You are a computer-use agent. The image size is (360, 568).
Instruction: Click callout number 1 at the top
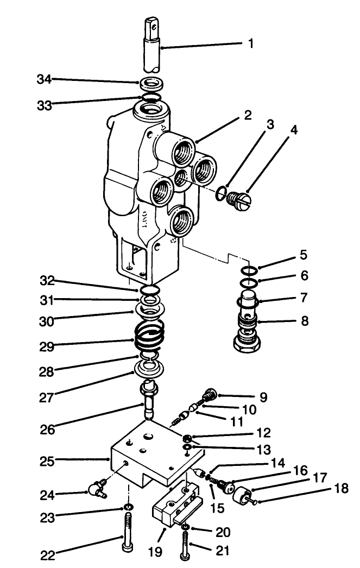[251, 43]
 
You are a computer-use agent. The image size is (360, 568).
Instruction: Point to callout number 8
[305, 321]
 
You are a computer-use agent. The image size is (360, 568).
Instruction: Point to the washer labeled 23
[128, 507]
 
